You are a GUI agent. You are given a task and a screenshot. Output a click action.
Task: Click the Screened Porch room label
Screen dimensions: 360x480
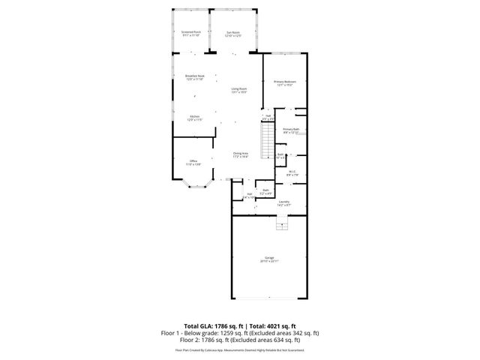click(x=191, y=33)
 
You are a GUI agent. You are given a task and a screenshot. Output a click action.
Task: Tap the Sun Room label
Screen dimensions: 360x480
click(x=233, y=33)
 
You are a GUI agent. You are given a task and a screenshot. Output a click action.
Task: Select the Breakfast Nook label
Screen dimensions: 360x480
click(x=195, y=77)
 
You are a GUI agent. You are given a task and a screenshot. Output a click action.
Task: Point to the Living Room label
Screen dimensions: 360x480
click(x=238, y=91)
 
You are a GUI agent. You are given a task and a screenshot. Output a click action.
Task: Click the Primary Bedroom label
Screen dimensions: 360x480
click(x=284, y=82)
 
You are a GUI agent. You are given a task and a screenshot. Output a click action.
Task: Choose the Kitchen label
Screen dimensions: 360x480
click(x=194, y=118)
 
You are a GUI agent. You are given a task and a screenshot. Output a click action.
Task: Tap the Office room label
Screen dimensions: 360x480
click(x=193, y=163)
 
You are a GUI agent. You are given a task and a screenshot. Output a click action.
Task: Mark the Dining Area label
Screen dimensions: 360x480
click(x=240, y=154)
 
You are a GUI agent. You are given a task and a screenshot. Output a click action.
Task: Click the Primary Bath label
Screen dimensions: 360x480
click(x=291, y=130)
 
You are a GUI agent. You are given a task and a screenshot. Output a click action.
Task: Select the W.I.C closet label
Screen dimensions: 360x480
click(x=293, y=173)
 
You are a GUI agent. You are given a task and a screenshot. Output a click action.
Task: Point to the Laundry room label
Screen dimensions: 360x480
click(x=284, y=202)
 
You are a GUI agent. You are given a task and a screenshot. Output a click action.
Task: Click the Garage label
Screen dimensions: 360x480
click(x=268, y=259)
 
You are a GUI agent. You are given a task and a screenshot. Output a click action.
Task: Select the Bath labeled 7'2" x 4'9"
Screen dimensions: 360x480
click(x=265, y=192)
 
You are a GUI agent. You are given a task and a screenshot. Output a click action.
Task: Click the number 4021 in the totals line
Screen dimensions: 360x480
click(x=285, y=326)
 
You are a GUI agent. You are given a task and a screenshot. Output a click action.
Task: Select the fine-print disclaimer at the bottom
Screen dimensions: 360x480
click(x=240, y=349)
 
